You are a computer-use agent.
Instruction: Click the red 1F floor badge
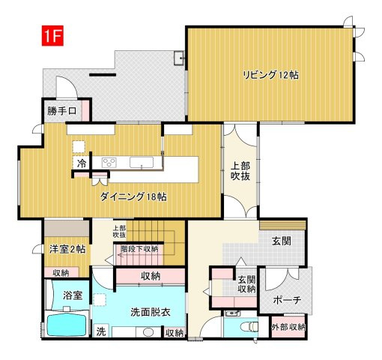point(52,35)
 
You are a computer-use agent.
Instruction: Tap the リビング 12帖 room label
point(270,75)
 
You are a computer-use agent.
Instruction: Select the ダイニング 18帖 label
point(133,196)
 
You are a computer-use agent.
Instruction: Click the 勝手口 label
point(61,111)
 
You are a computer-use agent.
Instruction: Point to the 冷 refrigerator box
point(82,163)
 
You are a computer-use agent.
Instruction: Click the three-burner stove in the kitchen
point(109,163)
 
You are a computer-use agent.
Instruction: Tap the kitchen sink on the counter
point(142,163)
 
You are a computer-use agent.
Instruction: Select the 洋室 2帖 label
point(67,249)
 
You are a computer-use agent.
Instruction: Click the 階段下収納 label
point(139,249)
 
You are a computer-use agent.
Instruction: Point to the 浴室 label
point(73,295)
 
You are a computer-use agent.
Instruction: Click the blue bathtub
point(67,325)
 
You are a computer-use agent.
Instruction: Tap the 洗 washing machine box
point(101,331)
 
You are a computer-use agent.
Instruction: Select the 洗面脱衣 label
point(151,312)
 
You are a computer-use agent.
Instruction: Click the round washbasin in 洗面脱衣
point(148,332)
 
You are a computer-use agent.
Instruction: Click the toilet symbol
point(249,326)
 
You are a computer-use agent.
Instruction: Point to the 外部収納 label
point(288,327)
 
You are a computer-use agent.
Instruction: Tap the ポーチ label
point(287,300)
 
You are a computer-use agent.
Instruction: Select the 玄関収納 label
point(246,284)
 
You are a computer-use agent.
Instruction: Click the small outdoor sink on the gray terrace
point(179,58)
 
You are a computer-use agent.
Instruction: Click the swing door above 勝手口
point(67,88)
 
